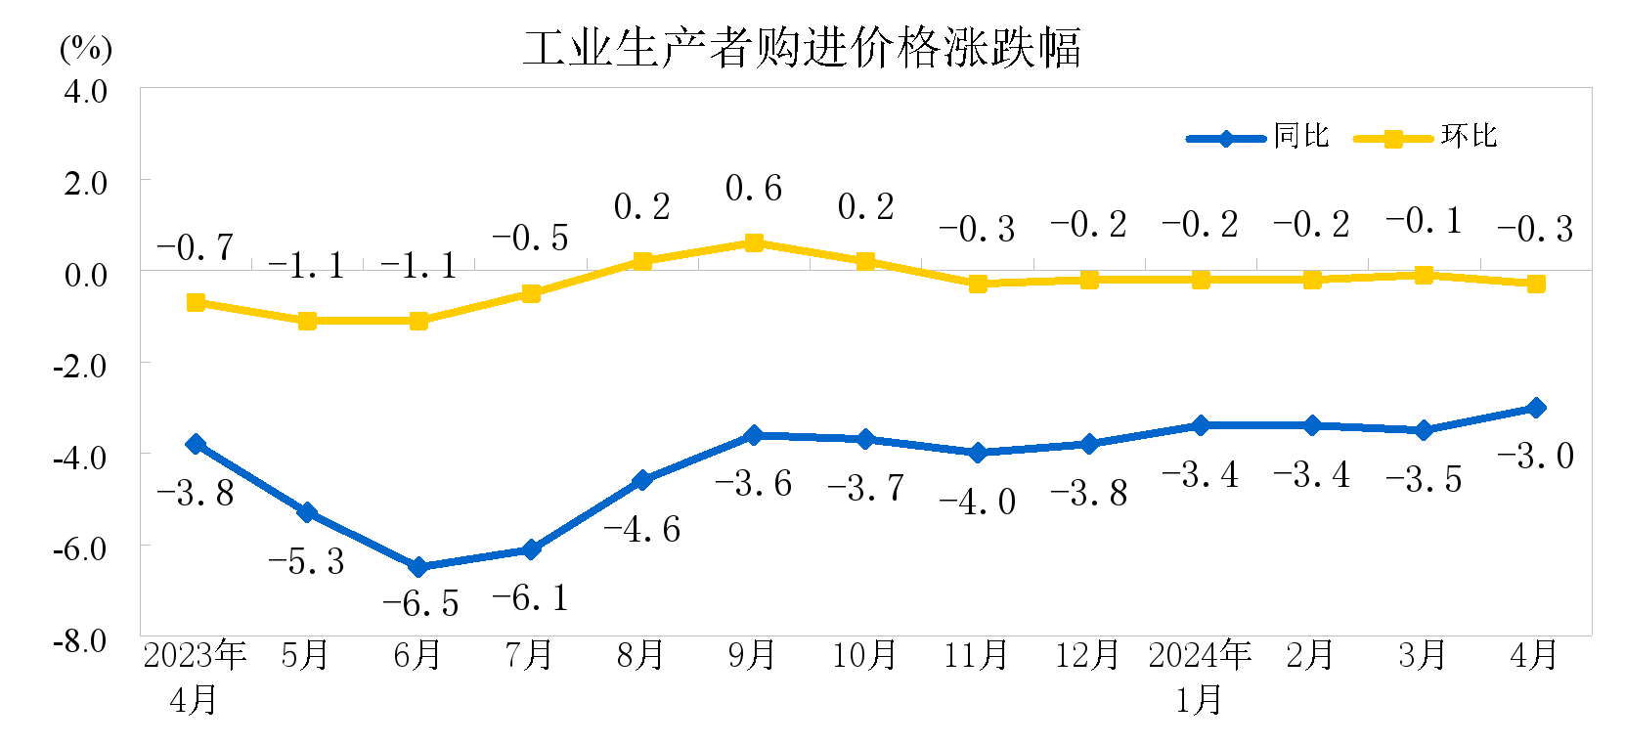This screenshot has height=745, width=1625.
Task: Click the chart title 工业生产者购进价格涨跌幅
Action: pos(802,47)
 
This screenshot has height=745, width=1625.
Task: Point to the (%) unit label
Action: pos(86,48)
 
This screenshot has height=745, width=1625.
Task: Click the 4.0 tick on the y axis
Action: pos(85,92)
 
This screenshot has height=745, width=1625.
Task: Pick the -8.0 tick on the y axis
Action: pos(80,641)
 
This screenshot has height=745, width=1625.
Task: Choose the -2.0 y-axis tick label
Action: pos(80,367)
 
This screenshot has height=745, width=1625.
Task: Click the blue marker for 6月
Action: pos(418,567)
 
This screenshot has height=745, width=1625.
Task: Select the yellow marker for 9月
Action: pos(754,242)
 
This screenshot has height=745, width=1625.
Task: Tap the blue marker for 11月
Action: pos(978,453)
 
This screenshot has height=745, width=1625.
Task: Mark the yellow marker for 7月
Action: pos(531,293)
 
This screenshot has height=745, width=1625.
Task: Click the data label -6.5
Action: pos(420,604)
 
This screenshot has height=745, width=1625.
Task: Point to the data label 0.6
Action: pos(754,188)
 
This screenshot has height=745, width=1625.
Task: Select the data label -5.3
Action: pos(307,561)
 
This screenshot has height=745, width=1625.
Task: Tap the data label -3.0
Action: pos(1536,456)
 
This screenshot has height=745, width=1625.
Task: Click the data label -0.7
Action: pos(196,247)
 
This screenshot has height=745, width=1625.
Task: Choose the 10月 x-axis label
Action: pos(864,655)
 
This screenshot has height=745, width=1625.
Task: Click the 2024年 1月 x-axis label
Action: pos(1200,677)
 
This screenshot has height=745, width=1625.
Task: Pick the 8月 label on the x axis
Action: pos(640,655)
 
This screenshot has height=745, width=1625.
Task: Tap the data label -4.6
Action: pos(642,530)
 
